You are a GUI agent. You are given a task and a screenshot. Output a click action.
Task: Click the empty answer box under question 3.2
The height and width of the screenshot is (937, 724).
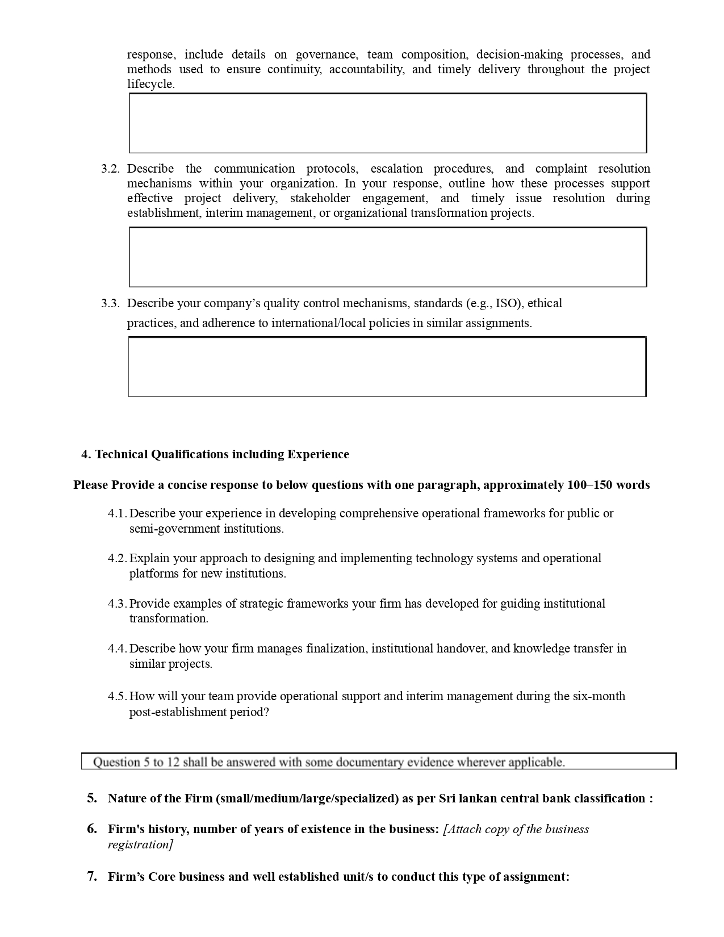click(x=388, y=257)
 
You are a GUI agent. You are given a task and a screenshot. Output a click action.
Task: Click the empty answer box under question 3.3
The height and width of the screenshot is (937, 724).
click(x=388, y=367)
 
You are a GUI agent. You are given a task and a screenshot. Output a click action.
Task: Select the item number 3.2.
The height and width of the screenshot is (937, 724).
click(x=110, y=169)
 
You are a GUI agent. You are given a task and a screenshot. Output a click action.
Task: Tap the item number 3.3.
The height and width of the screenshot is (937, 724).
click(x=110, y=303)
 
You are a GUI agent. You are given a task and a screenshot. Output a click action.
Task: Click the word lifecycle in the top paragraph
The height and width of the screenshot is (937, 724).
click(x=150, y=84)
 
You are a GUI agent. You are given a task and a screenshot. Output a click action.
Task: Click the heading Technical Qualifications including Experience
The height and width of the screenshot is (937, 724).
click(x=222, y=454)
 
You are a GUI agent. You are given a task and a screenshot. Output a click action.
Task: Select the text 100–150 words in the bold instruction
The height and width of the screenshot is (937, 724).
click(x=608, y=485)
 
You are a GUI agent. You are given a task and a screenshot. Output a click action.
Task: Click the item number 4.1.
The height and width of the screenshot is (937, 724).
click(x=117, y=513)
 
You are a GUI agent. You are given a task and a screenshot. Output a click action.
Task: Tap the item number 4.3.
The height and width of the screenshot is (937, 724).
click(x=117, y=604)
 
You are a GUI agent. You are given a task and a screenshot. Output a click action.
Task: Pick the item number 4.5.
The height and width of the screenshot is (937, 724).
click(x=117, y=696)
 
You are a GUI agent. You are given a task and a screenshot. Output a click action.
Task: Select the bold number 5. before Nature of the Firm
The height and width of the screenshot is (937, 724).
click(x=92, y=798)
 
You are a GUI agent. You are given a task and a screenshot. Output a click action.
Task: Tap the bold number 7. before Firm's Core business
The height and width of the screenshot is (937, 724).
click(x=92, y=877)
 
